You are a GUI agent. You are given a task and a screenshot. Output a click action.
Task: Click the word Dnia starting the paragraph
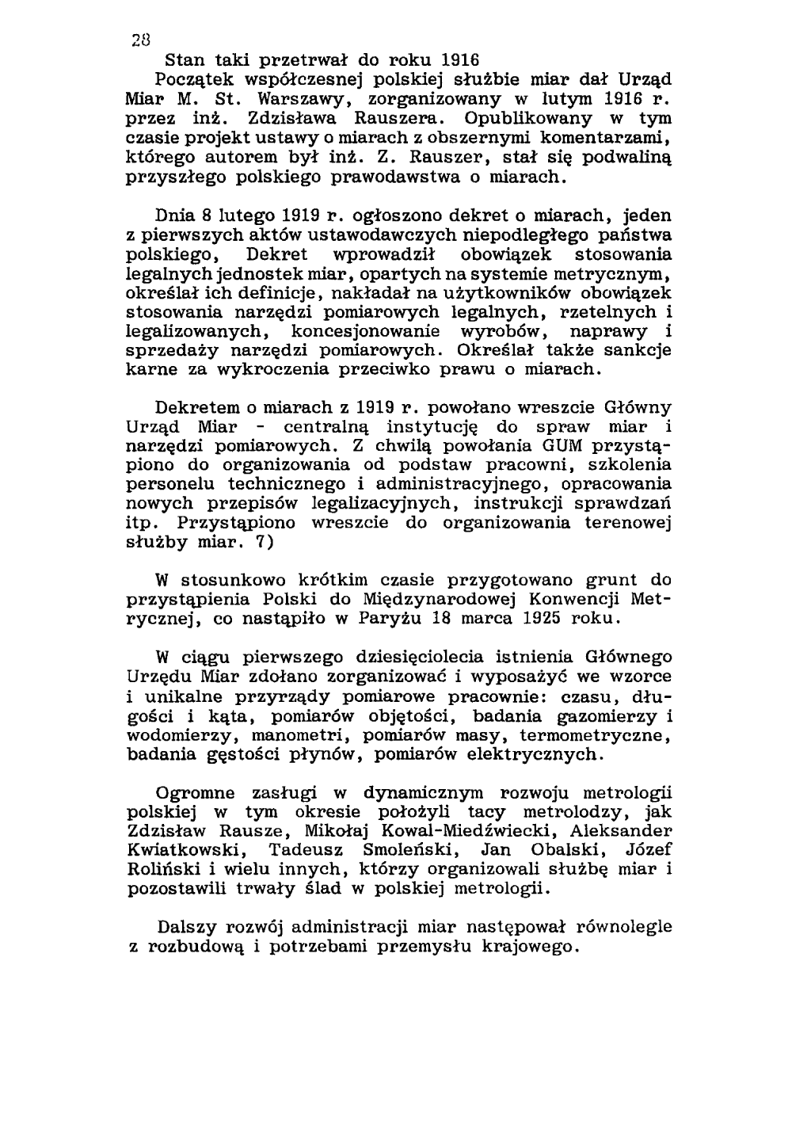point(177,215)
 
